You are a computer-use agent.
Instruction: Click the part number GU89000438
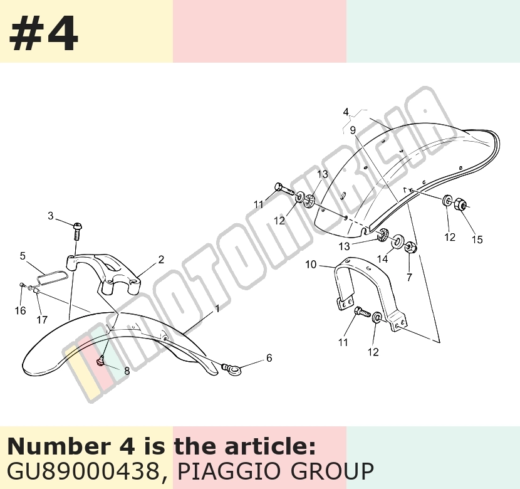point(83,470)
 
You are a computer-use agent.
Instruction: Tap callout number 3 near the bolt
point(50,216)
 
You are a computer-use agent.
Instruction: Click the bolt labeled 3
point(78,231)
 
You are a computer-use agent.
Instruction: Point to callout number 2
point(161,260)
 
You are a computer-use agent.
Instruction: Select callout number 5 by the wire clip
point(23,256)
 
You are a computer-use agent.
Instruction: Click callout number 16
point(20,310)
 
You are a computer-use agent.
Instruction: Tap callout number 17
point(42,320)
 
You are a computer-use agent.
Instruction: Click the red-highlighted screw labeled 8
point(100,360)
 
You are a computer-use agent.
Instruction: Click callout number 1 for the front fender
point(217,309)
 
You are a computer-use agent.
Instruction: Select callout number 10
point(311,265)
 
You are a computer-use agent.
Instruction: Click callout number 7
point(409,276)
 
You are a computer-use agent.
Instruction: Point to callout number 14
point(382,259)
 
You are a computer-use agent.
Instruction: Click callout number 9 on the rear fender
point(353,130)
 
